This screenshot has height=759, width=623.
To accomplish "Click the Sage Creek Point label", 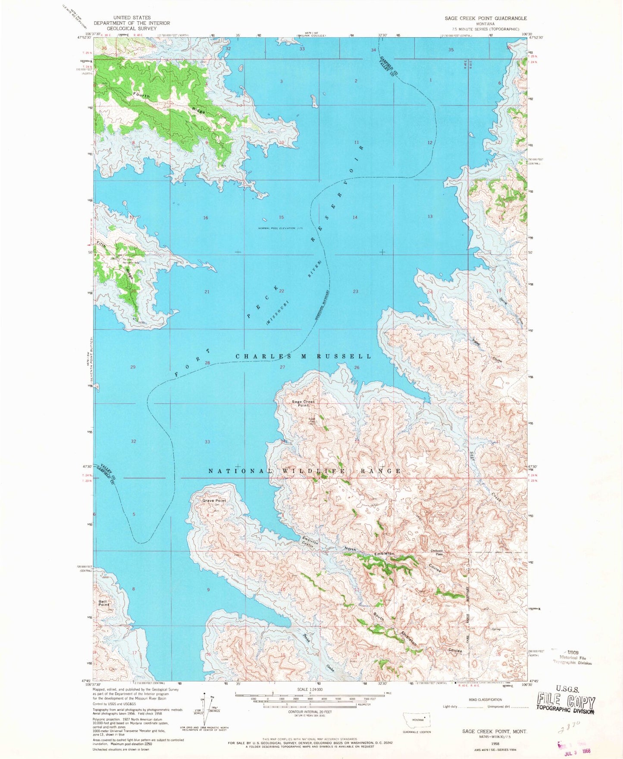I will [304, 403].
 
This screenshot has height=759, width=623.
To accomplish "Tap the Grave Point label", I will [214, 501].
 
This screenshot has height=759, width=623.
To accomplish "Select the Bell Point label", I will [103, 603].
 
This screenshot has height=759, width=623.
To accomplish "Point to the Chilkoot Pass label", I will [436, 552].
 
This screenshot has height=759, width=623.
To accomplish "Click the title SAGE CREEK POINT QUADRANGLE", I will [485, 18].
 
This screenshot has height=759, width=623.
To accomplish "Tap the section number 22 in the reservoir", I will [282, 291].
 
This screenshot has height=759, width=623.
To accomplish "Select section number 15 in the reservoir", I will [282, 217].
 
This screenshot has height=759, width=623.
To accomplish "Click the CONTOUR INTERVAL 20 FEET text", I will [309, 712].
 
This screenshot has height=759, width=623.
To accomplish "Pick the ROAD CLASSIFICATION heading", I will [485, 700].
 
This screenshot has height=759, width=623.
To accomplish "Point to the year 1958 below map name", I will [495, 743].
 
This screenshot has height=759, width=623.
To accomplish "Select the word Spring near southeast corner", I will [496, 629].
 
